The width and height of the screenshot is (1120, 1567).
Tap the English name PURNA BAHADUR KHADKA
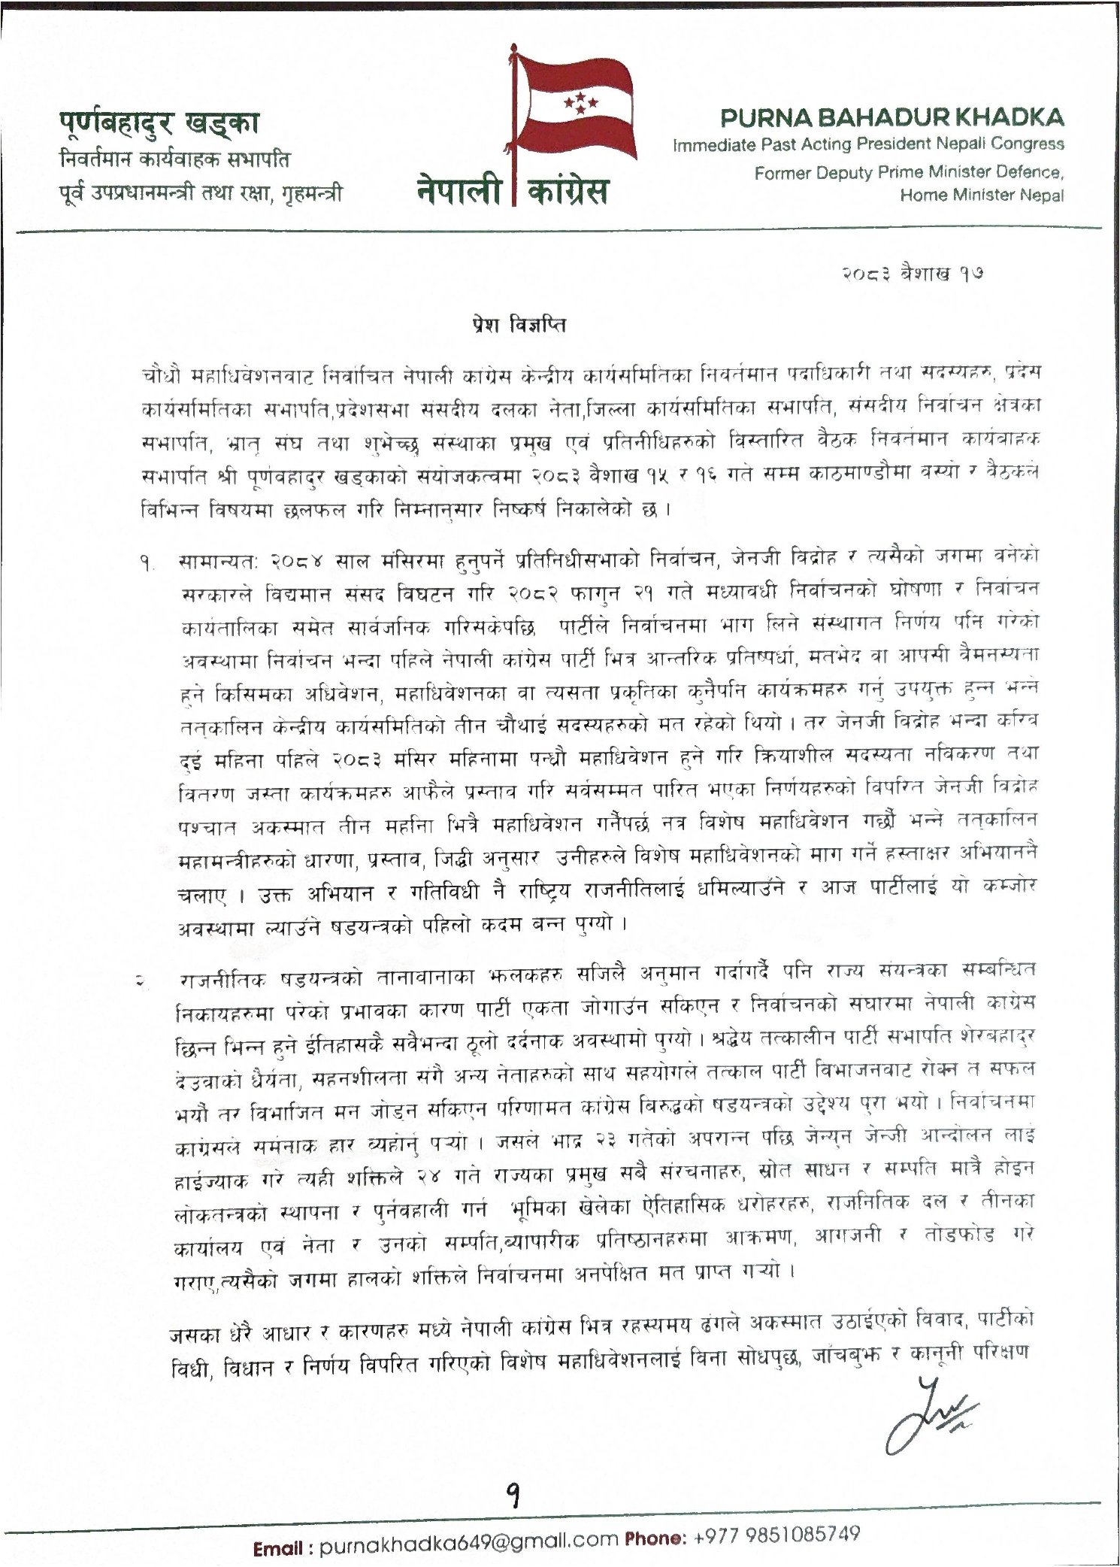click(891, 118)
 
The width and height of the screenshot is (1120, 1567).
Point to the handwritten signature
click(926, 1414)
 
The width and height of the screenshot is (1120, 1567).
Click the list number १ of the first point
click(144, 562)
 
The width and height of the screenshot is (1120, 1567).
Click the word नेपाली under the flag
click(459, 192)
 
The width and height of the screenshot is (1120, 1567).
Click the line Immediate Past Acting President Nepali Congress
click(868, 144)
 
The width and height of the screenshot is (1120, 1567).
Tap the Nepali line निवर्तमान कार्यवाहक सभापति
click(174, 160)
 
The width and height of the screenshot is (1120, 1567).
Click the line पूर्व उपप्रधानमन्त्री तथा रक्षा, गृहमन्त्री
click(201, 193)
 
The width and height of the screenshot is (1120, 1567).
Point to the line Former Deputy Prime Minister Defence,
click(909, 173)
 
